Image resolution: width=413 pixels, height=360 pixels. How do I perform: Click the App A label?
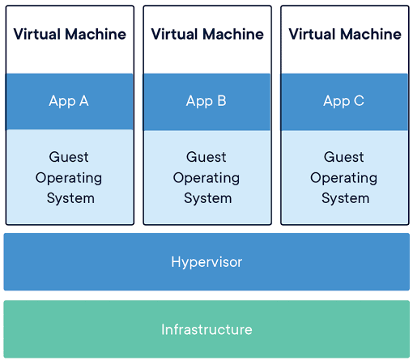[x=69, y=102]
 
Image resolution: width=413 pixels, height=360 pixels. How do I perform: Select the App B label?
[x=206, y=102]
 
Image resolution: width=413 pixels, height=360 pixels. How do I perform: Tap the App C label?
[x=343, y=102]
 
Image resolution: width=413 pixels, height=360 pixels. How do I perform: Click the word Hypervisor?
[x=206, y=262]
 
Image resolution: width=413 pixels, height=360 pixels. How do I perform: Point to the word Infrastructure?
[x=206, y=329]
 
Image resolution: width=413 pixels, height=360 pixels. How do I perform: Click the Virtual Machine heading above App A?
[x=70, y=34]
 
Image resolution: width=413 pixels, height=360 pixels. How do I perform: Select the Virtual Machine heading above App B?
[x=207, y=34]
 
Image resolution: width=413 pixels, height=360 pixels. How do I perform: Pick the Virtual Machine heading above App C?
[x=345, y=34]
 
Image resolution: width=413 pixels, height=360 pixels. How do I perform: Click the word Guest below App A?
[x=69, y=157]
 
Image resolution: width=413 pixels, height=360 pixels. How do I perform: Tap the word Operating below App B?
[x=206, y=178]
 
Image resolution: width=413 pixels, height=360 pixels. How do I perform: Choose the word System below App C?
[x=346, y=199]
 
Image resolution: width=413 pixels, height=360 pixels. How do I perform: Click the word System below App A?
[x=70, y=199]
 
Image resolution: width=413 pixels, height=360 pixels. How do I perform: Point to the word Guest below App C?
[x=344, y=157]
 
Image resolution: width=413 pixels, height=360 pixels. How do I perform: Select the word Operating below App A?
[x=69, y=178]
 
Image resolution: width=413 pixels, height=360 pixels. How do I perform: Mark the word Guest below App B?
[x=206, y=157]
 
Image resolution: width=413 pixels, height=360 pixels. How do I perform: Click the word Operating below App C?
[x=344, y=178]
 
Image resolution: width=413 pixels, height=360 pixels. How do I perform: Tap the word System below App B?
[x=208, y=199]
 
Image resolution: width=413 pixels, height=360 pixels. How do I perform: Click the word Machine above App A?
[x=96, y=34]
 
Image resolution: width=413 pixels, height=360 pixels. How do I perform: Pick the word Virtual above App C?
[x=310, y=34]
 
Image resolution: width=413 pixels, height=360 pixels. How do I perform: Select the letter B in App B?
[x=222, y=100]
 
